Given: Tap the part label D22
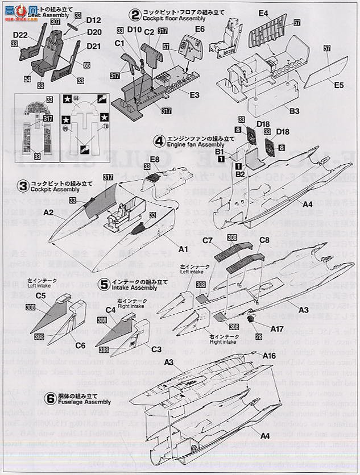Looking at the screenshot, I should (x=20, y=36).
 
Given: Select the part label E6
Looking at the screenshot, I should (x=200, y=28).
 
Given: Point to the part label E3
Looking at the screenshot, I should (x=194, y=94).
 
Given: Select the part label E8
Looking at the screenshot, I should (x=155, y=160).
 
